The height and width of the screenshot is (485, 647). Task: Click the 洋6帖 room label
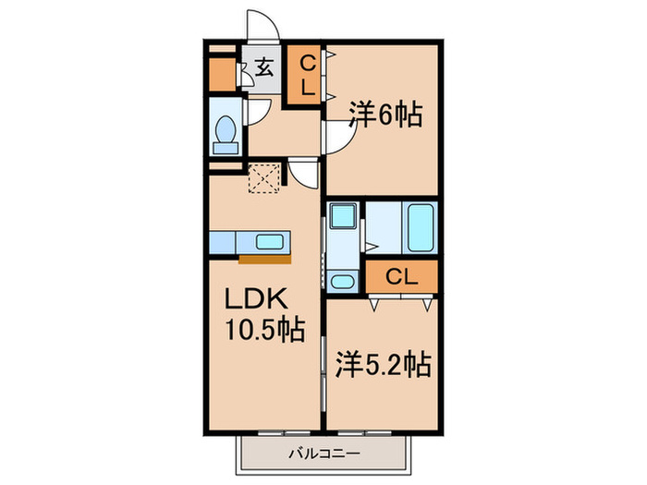point(385,115)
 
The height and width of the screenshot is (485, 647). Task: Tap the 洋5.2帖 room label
point(380,364)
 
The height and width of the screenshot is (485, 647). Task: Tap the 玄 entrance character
point(264,67)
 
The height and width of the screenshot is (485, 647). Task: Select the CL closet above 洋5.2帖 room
point(399,275)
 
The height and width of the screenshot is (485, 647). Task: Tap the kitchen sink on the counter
point(270,242)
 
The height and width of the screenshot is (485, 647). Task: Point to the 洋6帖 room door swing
point(338,141)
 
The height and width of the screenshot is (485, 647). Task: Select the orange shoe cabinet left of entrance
point(223,74)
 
